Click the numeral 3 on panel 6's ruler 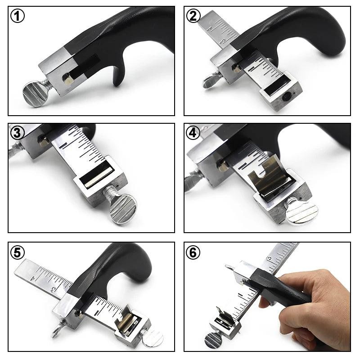tap(269, 258)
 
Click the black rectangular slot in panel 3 tap(94, 180)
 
